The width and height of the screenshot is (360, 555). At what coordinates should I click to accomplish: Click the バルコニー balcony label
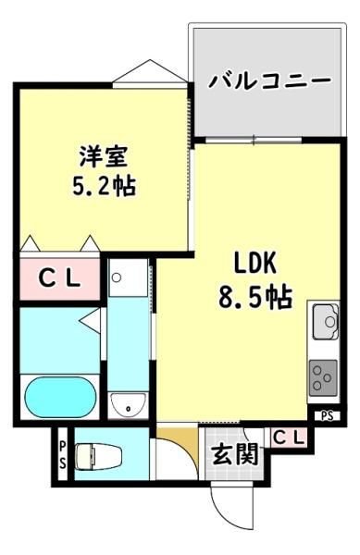[x=269, y=80]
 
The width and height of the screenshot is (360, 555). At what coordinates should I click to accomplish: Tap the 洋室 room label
[x=104, y=156]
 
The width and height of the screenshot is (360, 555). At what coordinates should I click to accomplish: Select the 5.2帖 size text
[x=104, y=186]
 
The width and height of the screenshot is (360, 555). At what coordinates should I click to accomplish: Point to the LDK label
[x=254, y=264]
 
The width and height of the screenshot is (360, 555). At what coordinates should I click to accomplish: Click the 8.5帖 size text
[x=254, y=297]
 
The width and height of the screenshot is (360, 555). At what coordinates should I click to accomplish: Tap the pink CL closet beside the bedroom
[x=59, y=279]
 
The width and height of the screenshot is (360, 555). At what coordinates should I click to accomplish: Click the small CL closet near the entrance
[x=289, y=438]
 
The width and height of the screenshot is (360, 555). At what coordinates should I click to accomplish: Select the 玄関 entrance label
[x=235, y=454]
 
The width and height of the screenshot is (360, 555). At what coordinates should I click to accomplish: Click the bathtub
[x=60, y=397]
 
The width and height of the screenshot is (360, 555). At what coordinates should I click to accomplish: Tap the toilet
[x=99, y=457]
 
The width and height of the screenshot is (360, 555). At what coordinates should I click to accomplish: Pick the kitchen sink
[x=326, y=321]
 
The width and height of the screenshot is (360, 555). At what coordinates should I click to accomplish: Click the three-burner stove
[x=324, y=377]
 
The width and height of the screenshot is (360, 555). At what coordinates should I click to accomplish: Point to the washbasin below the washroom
[x=128, y=406]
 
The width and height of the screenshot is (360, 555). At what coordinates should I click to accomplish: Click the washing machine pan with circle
[x=128, y=277]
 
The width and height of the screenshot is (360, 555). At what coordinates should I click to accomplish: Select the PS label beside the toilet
[x=62, y=454]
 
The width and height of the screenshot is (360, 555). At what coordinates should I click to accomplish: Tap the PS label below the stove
[x=328, y=416]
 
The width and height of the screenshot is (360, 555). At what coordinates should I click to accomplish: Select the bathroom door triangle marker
[x=90, y=321]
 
